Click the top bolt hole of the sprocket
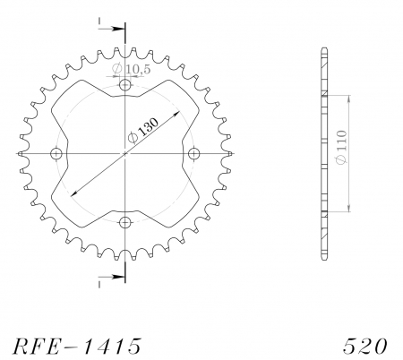tap(125, 85)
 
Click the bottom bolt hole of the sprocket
tap(125, 222)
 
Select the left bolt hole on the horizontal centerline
tap(56, 154)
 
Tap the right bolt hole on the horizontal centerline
tap(194, 154)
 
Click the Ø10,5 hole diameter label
tap(132, 69)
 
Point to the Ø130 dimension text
tap(143, 130)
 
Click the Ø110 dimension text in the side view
tap(341, 147)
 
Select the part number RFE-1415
tap(76, 347)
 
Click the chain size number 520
tap(364, 347)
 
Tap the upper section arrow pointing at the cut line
tap(111, 29)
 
